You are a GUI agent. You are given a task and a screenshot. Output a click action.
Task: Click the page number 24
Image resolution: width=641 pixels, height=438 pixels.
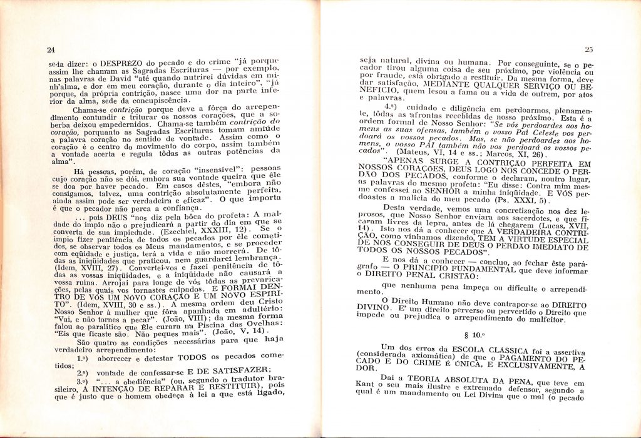[51, 50]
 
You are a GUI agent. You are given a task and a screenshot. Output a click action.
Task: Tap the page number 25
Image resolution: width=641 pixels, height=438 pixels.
[588, 49]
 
